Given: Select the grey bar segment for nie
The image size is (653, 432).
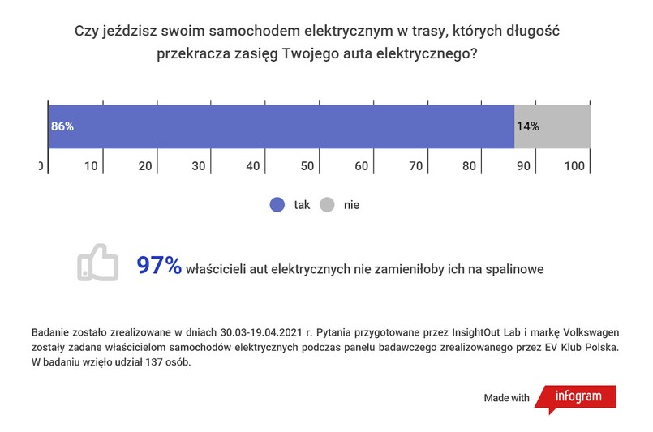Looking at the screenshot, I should coord(552,126).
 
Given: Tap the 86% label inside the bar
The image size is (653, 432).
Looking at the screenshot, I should coord(62,126).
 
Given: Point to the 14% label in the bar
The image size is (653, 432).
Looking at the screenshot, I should coord(527,126).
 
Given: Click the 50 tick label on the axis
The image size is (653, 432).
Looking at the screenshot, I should coord(307,166).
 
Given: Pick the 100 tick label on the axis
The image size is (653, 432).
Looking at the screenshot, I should coord(574,166).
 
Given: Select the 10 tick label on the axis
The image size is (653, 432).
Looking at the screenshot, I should coord(91,166).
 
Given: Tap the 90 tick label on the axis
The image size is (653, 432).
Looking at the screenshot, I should coord(523,166).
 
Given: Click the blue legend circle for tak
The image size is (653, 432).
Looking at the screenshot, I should coord(277,205).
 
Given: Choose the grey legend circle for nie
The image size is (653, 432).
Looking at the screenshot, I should coord(327,205).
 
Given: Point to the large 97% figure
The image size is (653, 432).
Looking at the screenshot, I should coord(159,266).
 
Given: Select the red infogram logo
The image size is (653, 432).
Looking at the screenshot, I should coord(578,398).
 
